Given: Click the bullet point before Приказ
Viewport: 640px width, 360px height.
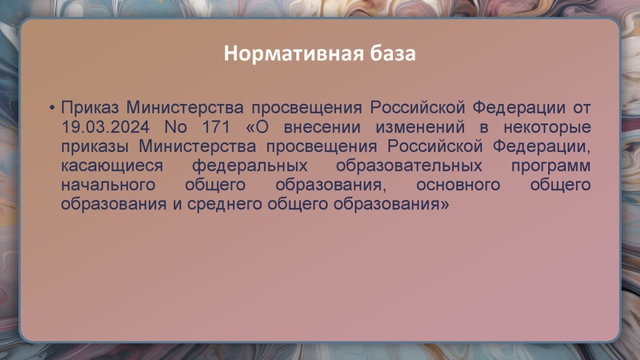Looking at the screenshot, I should tap(51, 108).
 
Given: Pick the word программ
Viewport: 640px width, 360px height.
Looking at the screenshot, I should tap(550, 166).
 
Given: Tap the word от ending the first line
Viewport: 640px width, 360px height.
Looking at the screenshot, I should tap(582, 108).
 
